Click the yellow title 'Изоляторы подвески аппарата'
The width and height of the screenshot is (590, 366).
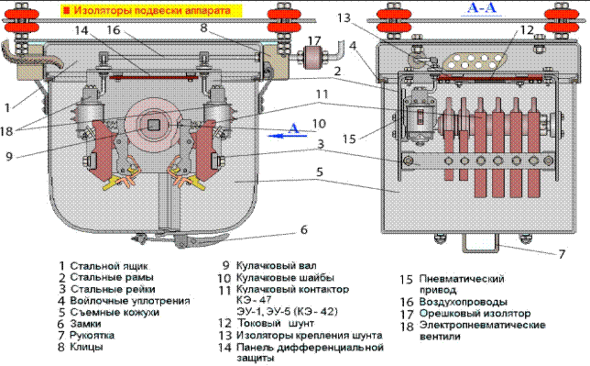tap(152, 10)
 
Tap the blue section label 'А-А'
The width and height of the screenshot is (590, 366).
tap(481, 8)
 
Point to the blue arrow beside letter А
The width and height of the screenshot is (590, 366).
tap(287, 136)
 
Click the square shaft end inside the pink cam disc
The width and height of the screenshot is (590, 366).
tap(153, 125)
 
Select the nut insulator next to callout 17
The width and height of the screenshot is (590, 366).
tap(312, 57)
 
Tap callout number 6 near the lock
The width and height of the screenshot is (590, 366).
tap(304, 229)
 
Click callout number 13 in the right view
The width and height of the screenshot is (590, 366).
tap(344, 17)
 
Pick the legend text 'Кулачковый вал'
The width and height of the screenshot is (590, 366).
tap(276, 265)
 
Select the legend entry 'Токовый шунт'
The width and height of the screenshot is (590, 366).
tap(276, 323)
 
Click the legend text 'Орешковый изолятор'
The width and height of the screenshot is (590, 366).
tap(475, 313)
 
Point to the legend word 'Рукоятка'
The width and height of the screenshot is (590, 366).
tap(92, 335)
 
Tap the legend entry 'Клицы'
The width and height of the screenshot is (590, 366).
tap(86, 347)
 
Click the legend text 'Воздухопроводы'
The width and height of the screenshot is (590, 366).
tap(464, 302)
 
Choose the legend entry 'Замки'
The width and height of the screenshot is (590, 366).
tap(85, 324)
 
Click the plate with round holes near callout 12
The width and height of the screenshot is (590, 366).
tap(475, 61)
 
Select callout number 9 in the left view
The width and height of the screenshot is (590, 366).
tap(9, 156)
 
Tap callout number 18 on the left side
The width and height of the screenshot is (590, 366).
tap(6, 131)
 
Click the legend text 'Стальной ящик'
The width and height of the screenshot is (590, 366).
tap(109, 266)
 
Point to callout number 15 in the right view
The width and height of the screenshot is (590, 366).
tap(349, 139)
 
